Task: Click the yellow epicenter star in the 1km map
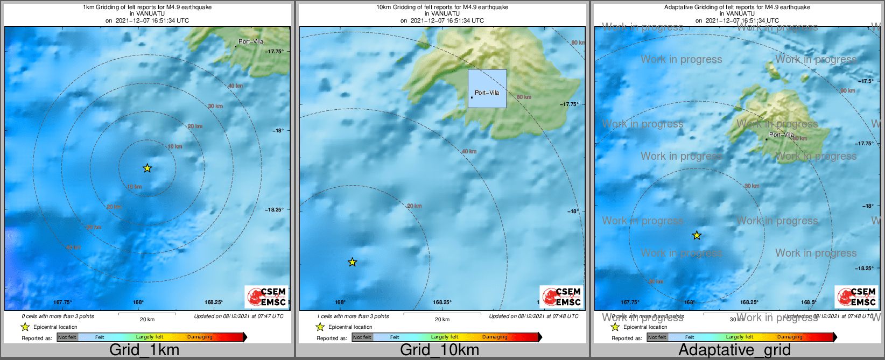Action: pyautogui.click(x=147, y=168)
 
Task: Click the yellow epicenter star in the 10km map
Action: pyautogui.click(x=353, y=263)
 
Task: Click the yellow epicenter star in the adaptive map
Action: pyautogui.click(x=697, y=236)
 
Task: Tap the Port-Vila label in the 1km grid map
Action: pyautogui.click(x=251, y=41)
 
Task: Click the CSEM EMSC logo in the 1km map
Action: pyautogui.click(x=266, y=297)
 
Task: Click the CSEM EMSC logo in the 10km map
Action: pyautogui.click(x=561, y=297)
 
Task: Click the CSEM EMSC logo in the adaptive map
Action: pyautogui.click(x=856, y=297)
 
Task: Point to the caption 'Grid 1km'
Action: pyautogui.click(x=144, y=350)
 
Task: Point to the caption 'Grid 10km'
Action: pyautogui.click(x=439, y=350)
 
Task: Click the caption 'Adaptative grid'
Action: pyautogui.click(x=734, y=350)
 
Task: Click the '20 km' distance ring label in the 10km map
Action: pyautogui.click(x=415, y=206)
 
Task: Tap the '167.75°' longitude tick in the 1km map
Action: pyautogui.click(x=62, y=302)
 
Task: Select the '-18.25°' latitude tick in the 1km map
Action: pyautogui.click(x=274, y=210)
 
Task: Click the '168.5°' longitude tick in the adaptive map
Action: pyautogui.click(x=809, y=302)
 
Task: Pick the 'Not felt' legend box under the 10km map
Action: pyautogui.click(x=362, y=337)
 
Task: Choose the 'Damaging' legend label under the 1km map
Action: pyautogui.click(x=200, y=337)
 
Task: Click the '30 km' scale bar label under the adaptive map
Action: pyautogui.click(x=737, y=320)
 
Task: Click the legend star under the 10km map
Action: pyautogui.click(x=320, y=327)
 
